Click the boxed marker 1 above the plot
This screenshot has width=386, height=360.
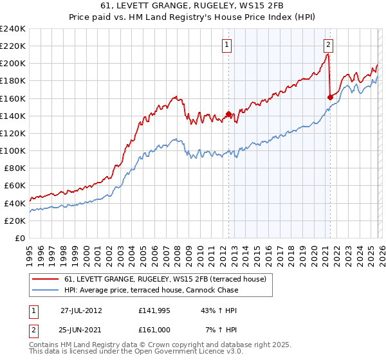228,44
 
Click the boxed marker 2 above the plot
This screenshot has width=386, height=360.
328,44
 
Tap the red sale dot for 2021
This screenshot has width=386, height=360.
330,97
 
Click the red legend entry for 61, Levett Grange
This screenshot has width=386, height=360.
169,279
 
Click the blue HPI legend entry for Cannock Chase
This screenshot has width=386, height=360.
151,290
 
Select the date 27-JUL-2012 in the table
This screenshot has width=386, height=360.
82,310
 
